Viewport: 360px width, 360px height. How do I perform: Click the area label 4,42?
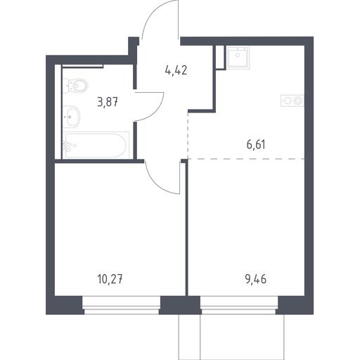pyautogui.click(x=176, y=70)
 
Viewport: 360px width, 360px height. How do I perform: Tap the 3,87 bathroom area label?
pyautogui.click(x=108, y=102)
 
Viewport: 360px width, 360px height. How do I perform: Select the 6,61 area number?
pyautogui.click(x=256, y=144)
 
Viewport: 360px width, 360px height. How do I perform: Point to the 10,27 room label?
pyautogui.click(x=110, y=279)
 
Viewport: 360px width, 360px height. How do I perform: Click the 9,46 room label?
pyautogui.click(x=256, y=279)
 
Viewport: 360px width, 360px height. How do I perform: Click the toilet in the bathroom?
pyautogui.click(x=75, y=86)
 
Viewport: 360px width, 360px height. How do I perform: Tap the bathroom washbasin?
pyautogui.click(x=72, y=117)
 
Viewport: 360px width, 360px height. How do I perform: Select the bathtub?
pyautogui.click(x=96, y=146)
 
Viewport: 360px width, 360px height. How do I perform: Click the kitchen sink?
pyautogui.click(x=238, y=58)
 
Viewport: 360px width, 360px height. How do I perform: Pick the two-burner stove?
pyautogui.click(x=292, y=101)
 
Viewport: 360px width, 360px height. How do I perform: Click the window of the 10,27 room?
pyautogui.click(x=122, y=305)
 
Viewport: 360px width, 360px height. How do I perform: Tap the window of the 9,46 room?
pyautogui.click(x=239, y=305)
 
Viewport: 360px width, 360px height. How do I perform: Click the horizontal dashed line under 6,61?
pyautogui.click(x=246, y=159)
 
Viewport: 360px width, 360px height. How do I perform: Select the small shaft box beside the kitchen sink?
pyautogui.click(x=221, y=58)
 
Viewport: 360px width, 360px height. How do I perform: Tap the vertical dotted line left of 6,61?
pyautogui.click(x=188, y=136)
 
